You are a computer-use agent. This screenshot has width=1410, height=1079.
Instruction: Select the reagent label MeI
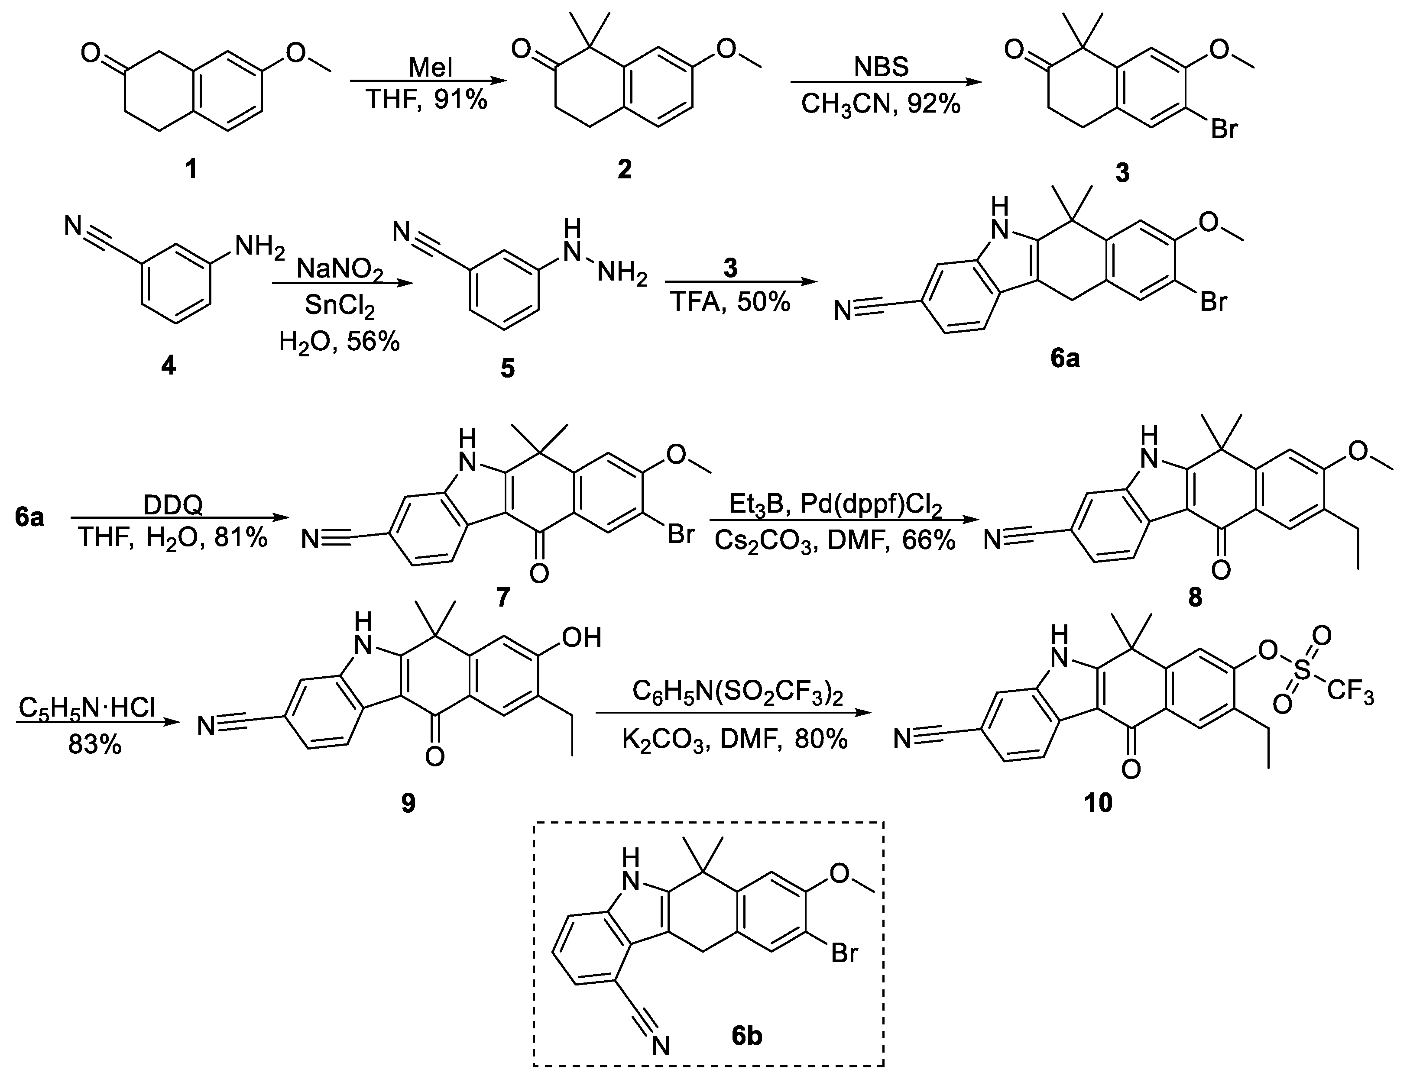click(431, 67)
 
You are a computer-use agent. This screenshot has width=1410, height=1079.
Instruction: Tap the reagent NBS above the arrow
click(882, 67)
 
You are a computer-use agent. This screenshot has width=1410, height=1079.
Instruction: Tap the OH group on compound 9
click(581, 638)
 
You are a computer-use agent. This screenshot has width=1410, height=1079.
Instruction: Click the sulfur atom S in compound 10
click(1301, 671)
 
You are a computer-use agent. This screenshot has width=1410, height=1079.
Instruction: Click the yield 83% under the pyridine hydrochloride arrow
click(94, 745)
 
